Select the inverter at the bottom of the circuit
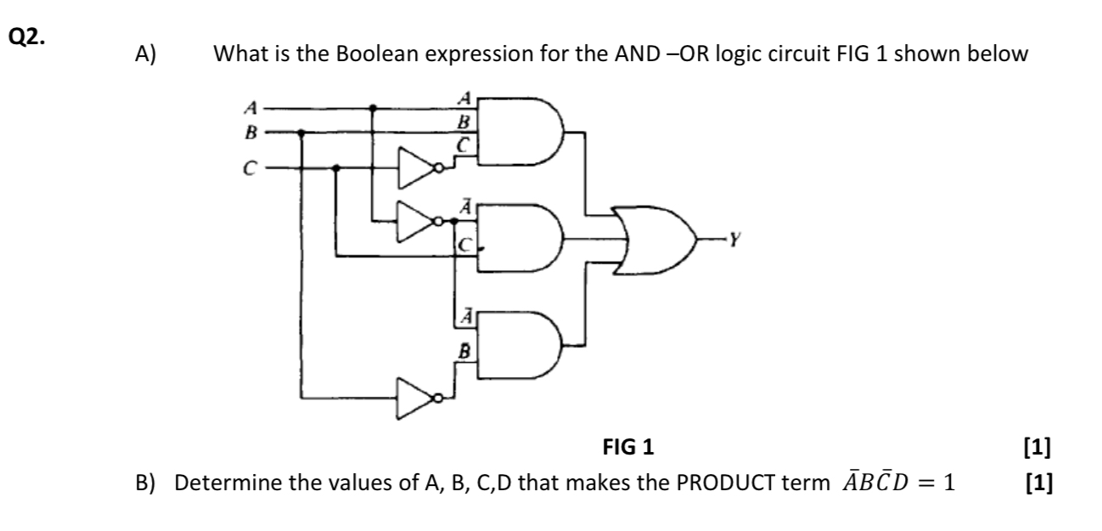pyautogui.click(x=419, y=397)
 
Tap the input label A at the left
pyautogui.click(x=249, y=108)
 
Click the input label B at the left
pyautogui.click(x=249, y=132)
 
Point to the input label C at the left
pyautogui.click(x=249, y=168)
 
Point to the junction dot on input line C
pyautogui.click(x=337, y=168)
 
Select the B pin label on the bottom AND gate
pyautogui.click(x=464, y=348)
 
